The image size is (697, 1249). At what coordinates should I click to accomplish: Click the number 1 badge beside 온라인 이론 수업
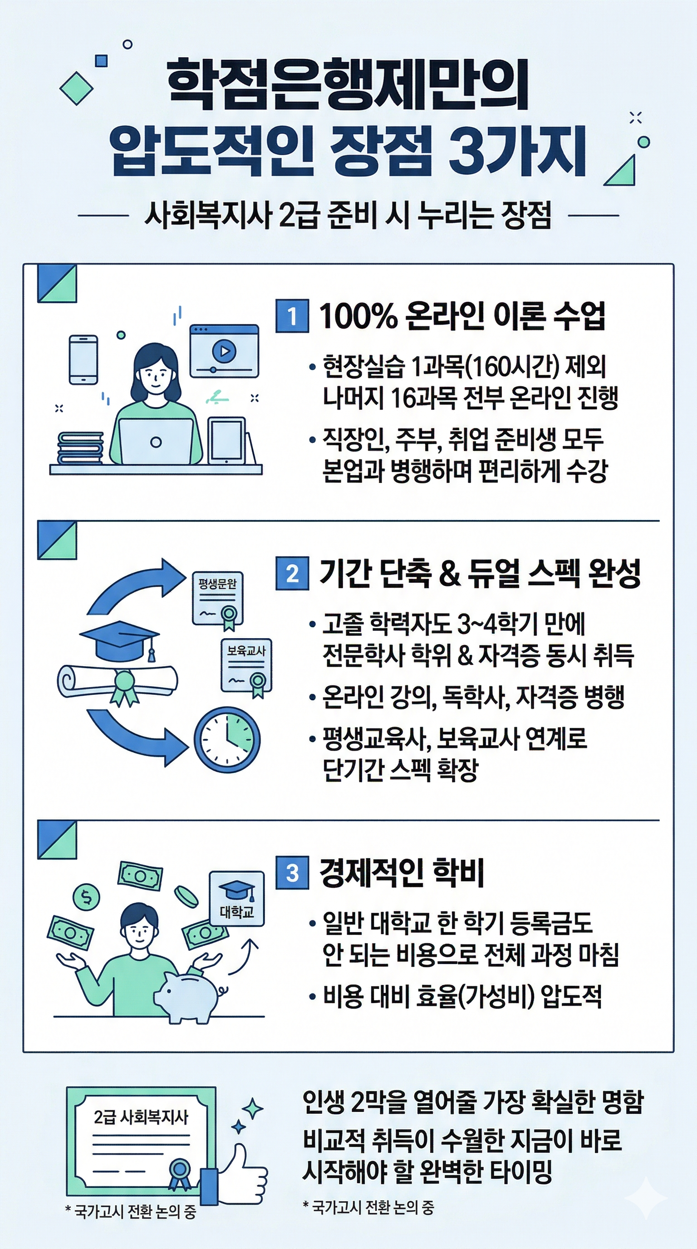pos(292,316)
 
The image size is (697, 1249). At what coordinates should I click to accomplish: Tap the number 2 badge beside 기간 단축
pos(292,574)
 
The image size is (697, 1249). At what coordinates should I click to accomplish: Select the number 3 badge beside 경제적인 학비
pos(292,873)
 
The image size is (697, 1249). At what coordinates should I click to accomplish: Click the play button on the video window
pos(224,350)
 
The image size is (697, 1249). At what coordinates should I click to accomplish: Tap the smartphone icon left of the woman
pos(83,359)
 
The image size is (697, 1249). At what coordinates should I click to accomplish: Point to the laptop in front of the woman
pos(156,442)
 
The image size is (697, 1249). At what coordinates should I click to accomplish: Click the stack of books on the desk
pos(80,447)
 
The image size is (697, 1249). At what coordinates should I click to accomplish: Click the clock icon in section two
pos(227,739)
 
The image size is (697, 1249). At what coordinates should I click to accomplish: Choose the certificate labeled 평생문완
pos(218,599)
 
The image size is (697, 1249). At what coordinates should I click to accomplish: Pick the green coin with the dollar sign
pos(86,897)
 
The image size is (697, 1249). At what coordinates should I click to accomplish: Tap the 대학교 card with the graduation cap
pos(236,899)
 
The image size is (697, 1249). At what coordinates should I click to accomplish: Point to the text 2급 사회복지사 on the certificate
pos(141,1117)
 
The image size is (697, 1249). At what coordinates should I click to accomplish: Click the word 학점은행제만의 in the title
pos(348,84)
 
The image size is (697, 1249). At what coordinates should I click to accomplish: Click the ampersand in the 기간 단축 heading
pos(449,573)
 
